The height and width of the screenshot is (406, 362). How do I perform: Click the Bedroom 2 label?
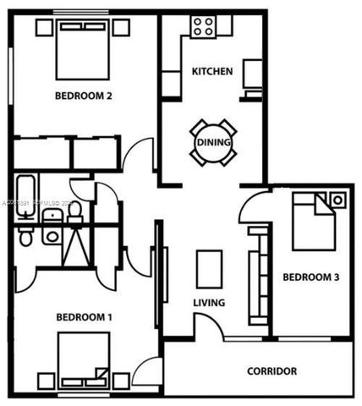(84, 96)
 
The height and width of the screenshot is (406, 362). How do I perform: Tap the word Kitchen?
(211, 71)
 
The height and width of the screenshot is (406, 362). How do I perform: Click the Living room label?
(208, 303)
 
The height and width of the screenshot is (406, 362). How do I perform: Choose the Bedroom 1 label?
(84, 317)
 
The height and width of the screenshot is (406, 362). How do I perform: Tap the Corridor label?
(271, 370)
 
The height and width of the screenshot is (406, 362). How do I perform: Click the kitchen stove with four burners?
(202, 26)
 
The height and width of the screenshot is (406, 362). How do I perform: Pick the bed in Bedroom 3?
(314, 222)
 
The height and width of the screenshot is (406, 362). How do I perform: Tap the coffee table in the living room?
(209, 269)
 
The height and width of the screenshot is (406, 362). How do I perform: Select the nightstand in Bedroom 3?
(337, 200)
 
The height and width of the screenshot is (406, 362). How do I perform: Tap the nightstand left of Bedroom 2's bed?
(44, 27)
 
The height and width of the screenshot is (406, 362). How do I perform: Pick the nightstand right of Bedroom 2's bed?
(121, 27)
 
